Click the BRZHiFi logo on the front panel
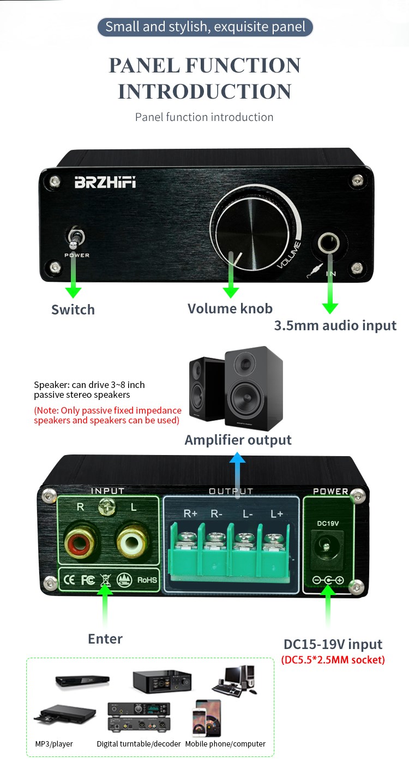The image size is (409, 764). [x=105, y=183]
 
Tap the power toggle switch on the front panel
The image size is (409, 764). [x=75, y=238]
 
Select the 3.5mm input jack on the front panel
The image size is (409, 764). [x=328, y=243]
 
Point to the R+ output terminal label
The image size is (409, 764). [x=190, y=513]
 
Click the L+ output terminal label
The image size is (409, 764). [x=276, y=513]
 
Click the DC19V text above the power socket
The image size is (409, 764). [x=328, y=523]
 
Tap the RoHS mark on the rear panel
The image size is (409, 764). [x=147, y=580]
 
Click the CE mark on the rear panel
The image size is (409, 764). [x=69, y=579]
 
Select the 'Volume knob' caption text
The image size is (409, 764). [x=230, y=308]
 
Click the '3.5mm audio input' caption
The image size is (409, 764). [x=335, y=325]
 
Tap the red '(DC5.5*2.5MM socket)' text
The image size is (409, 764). [x=333, y=659]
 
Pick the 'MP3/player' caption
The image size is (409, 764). [x=54, y=744]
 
